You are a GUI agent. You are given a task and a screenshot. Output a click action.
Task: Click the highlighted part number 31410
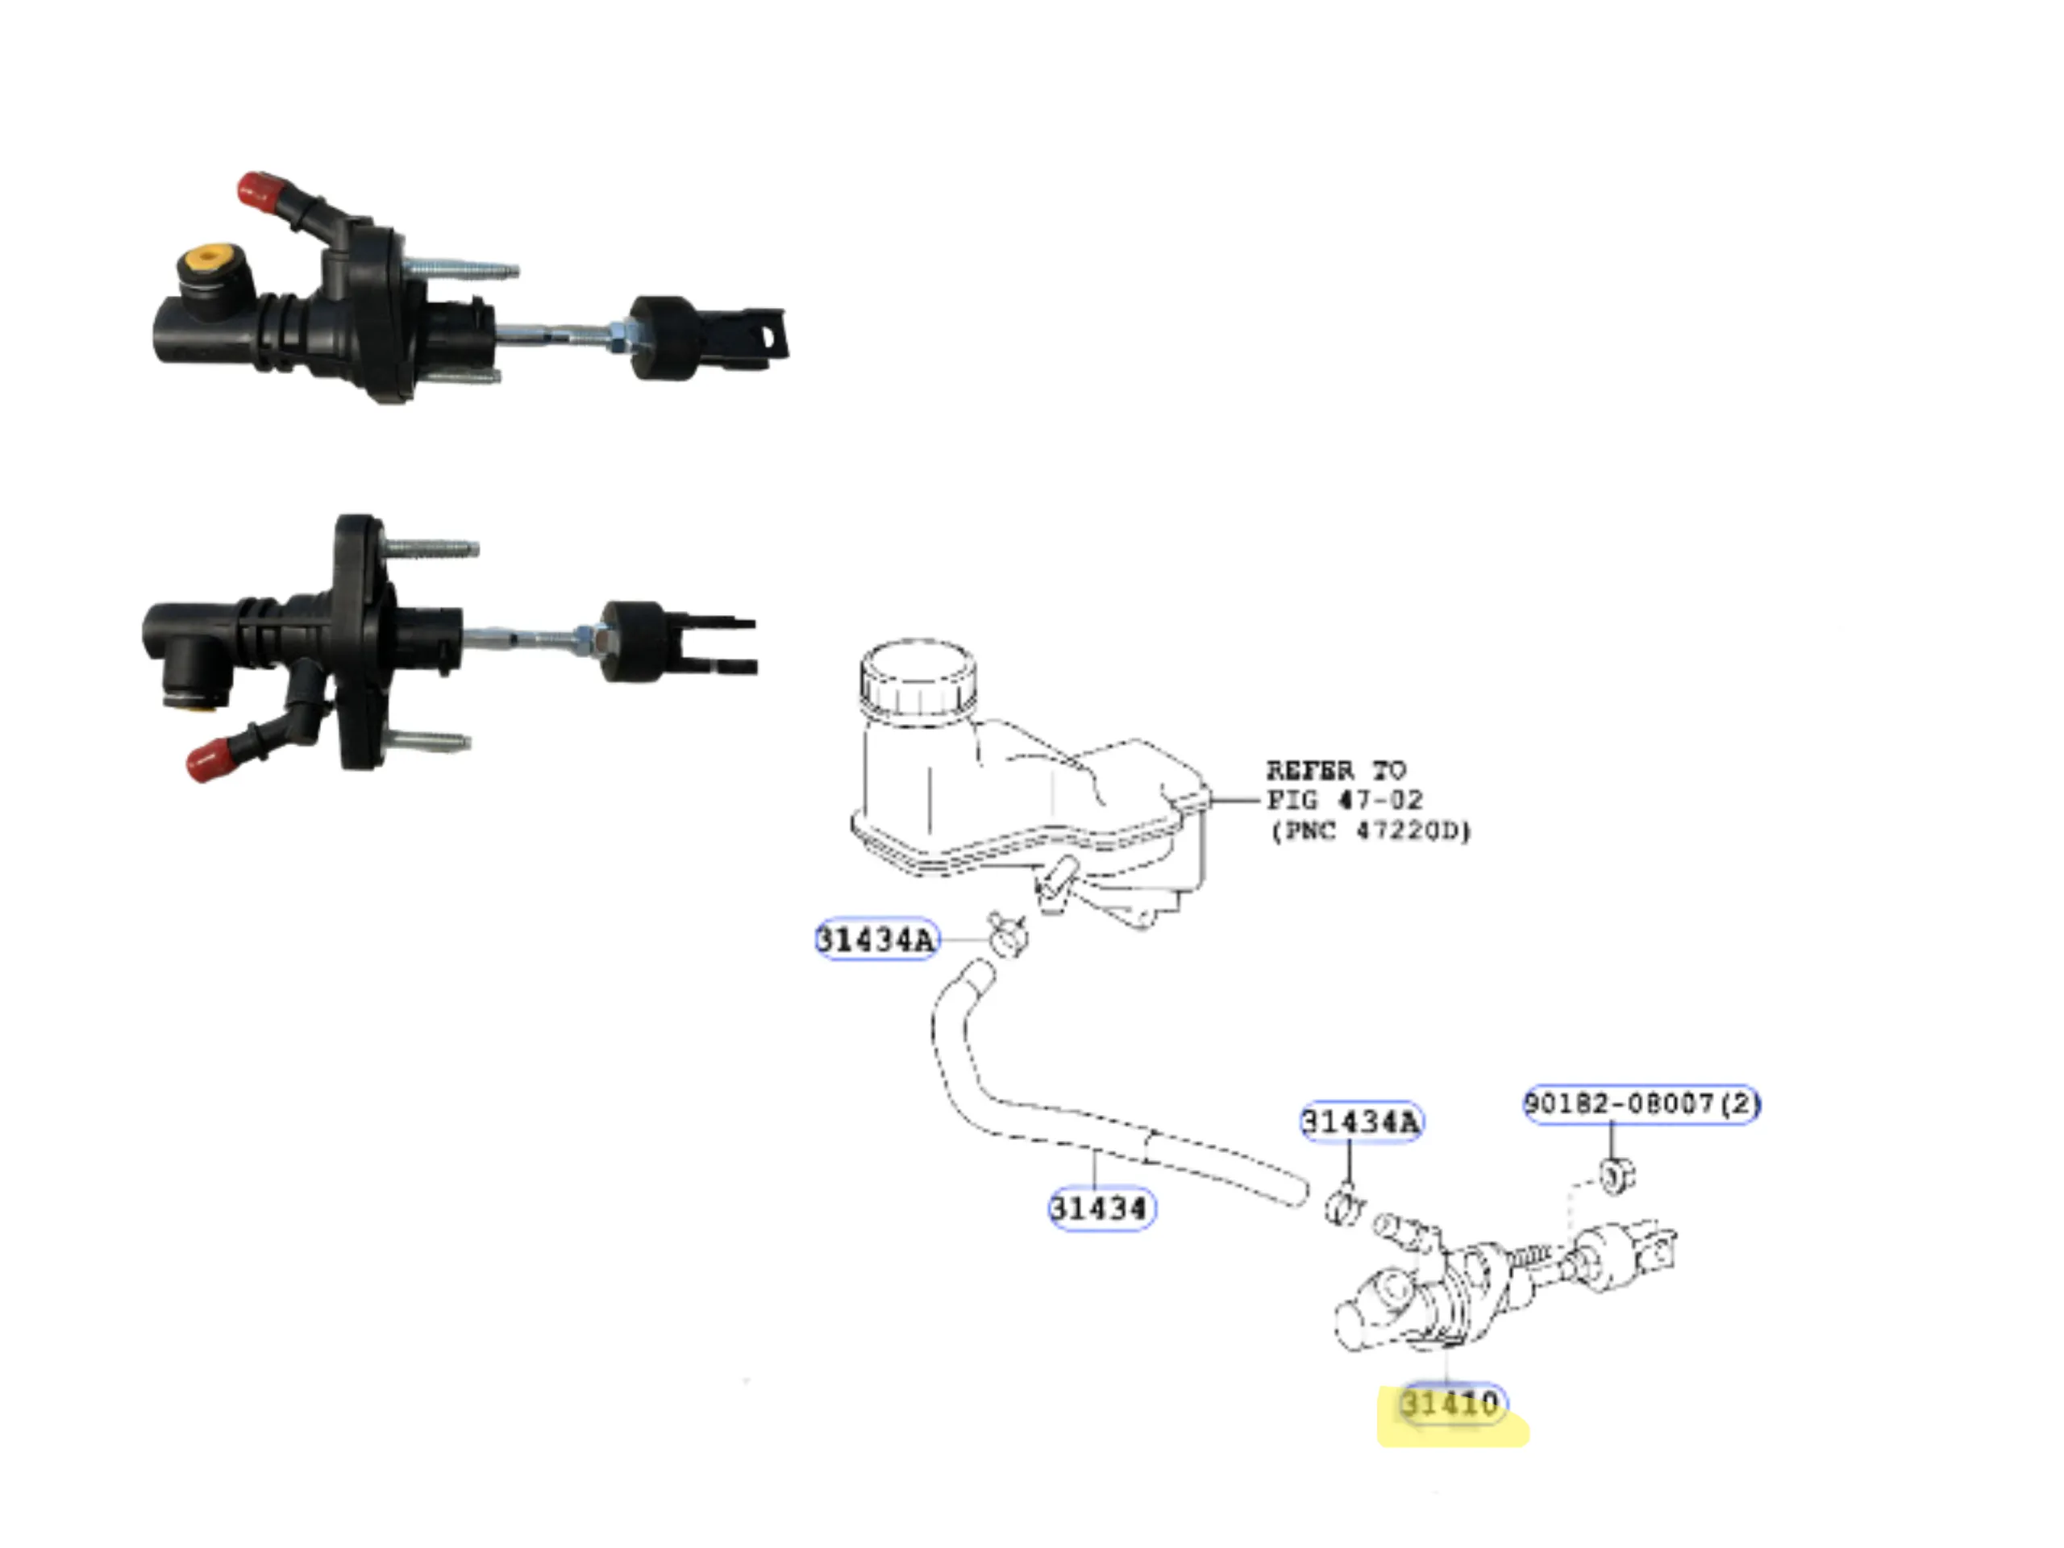(x=1452, y=1404)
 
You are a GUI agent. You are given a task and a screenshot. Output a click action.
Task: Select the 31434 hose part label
(x=1100, y=1209)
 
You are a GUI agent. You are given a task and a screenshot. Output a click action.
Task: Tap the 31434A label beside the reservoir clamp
(x=876, y=938)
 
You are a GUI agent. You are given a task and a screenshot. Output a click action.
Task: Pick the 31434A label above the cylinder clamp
(x=1362, y=1121)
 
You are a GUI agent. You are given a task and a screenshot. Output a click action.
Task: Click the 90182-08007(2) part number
(x=1642, y=1104)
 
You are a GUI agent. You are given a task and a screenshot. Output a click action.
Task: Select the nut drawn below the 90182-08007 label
(x=1617, y=1175)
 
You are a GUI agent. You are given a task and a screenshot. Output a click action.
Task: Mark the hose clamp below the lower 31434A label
(x=1344, y=1204)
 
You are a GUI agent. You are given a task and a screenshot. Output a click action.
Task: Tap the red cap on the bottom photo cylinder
(x=210, y=759)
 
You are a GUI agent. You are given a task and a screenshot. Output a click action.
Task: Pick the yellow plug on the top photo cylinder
(x=206, y=259)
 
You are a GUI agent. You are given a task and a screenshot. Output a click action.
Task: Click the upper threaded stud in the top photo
(x=463, y=269)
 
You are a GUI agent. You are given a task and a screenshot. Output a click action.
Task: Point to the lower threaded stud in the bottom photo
(x=428, y=742)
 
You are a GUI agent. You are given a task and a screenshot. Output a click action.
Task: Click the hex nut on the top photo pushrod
(x=621, y=336)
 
